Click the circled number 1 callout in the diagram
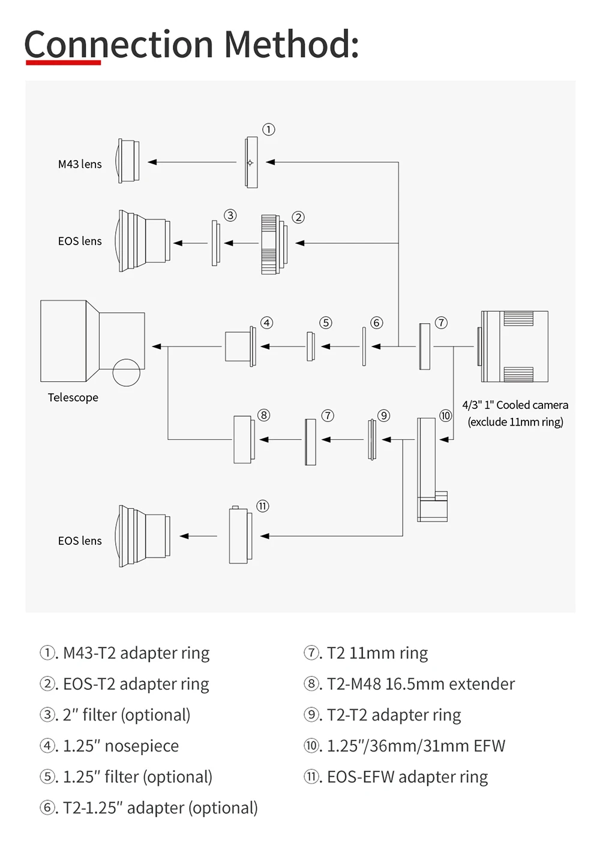(268, 129)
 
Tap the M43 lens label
(80, 164)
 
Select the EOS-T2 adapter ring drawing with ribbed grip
(274, 245)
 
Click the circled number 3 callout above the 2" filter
(230, 215)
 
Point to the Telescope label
(73, 397)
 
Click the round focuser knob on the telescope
(127, 372)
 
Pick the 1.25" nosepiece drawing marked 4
(241, 346)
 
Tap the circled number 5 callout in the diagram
(325, 322)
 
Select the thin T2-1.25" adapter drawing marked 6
(364, 346)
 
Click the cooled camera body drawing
(512, 346)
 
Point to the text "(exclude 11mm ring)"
(515, 421)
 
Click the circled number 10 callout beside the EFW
(445, 415)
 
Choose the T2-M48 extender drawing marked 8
(244, 439)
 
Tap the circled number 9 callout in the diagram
(383, 415)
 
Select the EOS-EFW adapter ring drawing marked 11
(241, 535)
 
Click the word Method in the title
(291, 44)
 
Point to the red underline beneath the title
(63, 62)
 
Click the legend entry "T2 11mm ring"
(365, 653)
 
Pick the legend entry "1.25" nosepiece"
(109, 746)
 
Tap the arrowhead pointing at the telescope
(157, 346)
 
